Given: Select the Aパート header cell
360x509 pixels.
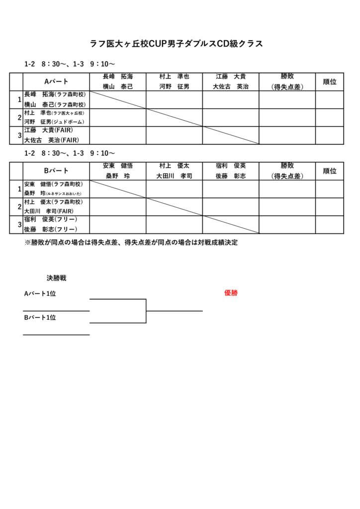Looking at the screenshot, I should [x=56, y=82].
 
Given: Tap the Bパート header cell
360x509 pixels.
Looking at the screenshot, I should [x=56, y=171].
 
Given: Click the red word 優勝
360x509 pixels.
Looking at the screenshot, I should [x=231, y=293].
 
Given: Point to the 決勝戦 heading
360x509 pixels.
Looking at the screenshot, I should [x=56, y=278].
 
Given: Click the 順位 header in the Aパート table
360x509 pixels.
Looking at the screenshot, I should [x=330, y=82].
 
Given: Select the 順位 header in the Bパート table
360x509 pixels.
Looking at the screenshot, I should [x=330, y=171].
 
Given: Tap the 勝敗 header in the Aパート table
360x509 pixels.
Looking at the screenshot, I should [x=287, y=77].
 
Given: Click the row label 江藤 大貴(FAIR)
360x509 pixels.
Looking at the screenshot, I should [x=49, y=130].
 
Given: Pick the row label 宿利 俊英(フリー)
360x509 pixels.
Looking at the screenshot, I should [x=50, y=220].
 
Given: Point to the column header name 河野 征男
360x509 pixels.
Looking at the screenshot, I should [x=174, y=86].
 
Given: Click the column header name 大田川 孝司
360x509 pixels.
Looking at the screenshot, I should [x=174, y=176].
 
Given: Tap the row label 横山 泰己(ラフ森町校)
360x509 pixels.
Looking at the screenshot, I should [x=55, y=104].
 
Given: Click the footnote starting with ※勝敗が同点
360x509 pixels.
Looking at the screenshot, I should [x=131, y=243].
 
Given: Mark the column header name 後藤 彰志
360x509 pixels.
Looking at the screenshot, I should [x=231, y=176].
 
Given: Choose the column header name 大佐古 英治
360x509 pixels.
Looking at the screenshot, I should [x=231, y=86].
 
